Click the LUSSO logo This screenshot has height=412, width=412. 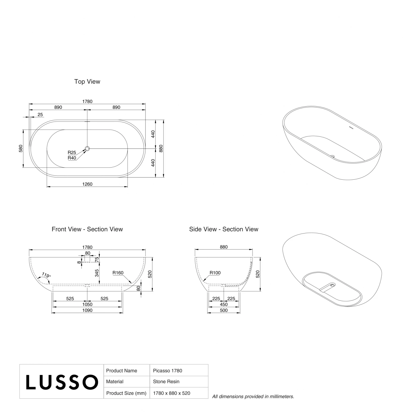[62, 382]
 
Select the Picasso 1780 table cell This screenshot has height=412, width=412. [168, 371]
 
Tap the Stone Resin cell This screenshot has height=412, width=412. [166, 382]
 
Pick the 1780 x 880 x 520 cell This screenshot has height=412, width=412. [172, 393]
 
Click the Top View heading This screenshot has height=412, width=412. [87, 82]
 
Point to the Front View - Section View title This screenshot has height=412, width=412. [87, 229]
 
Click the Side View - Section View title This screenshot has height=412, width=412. [224, 229]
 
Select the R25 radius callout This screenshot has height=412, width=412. [72, 152]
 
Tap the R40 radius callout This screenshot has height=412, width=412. [72, 158]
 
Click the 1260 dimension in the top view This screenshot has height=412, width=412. [87, 184]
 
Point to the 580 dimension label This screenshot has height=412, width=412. [21, 149]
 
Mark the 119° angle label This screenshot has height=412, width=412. [46, 275]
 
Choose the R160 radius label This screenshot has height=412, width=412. [118, 273]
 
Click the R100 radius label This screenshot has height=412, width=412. [215, 273]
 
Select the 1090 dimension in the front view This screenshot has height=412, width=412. [87, 310]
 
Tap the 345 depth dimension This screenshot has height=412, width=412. [97, 273]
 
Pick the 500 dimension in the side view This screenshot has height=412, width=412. [224, 310]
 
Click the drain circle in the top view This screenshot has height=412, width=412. [87, 149]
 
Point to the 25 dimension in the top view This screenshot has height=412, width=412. [40, 115]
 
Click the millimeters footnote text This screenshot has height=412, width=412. [253, 396]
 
